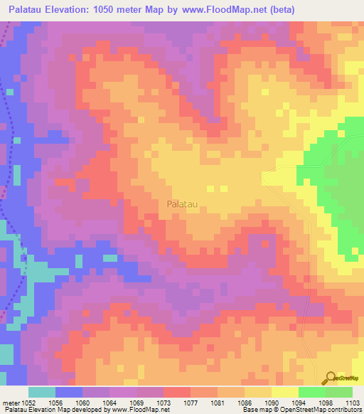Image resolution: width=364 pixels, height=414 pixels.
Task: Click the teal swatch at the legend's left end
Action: click(42, 392)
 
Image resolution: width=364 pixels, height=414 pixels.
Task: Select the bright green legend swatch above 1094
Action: click(311, 392)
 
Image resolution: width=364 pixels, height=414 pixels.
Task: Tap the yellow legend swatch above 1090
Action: click(284, 392)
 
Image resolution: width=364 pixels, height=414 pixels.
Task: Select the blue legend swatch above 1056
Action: click(69, 392)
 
